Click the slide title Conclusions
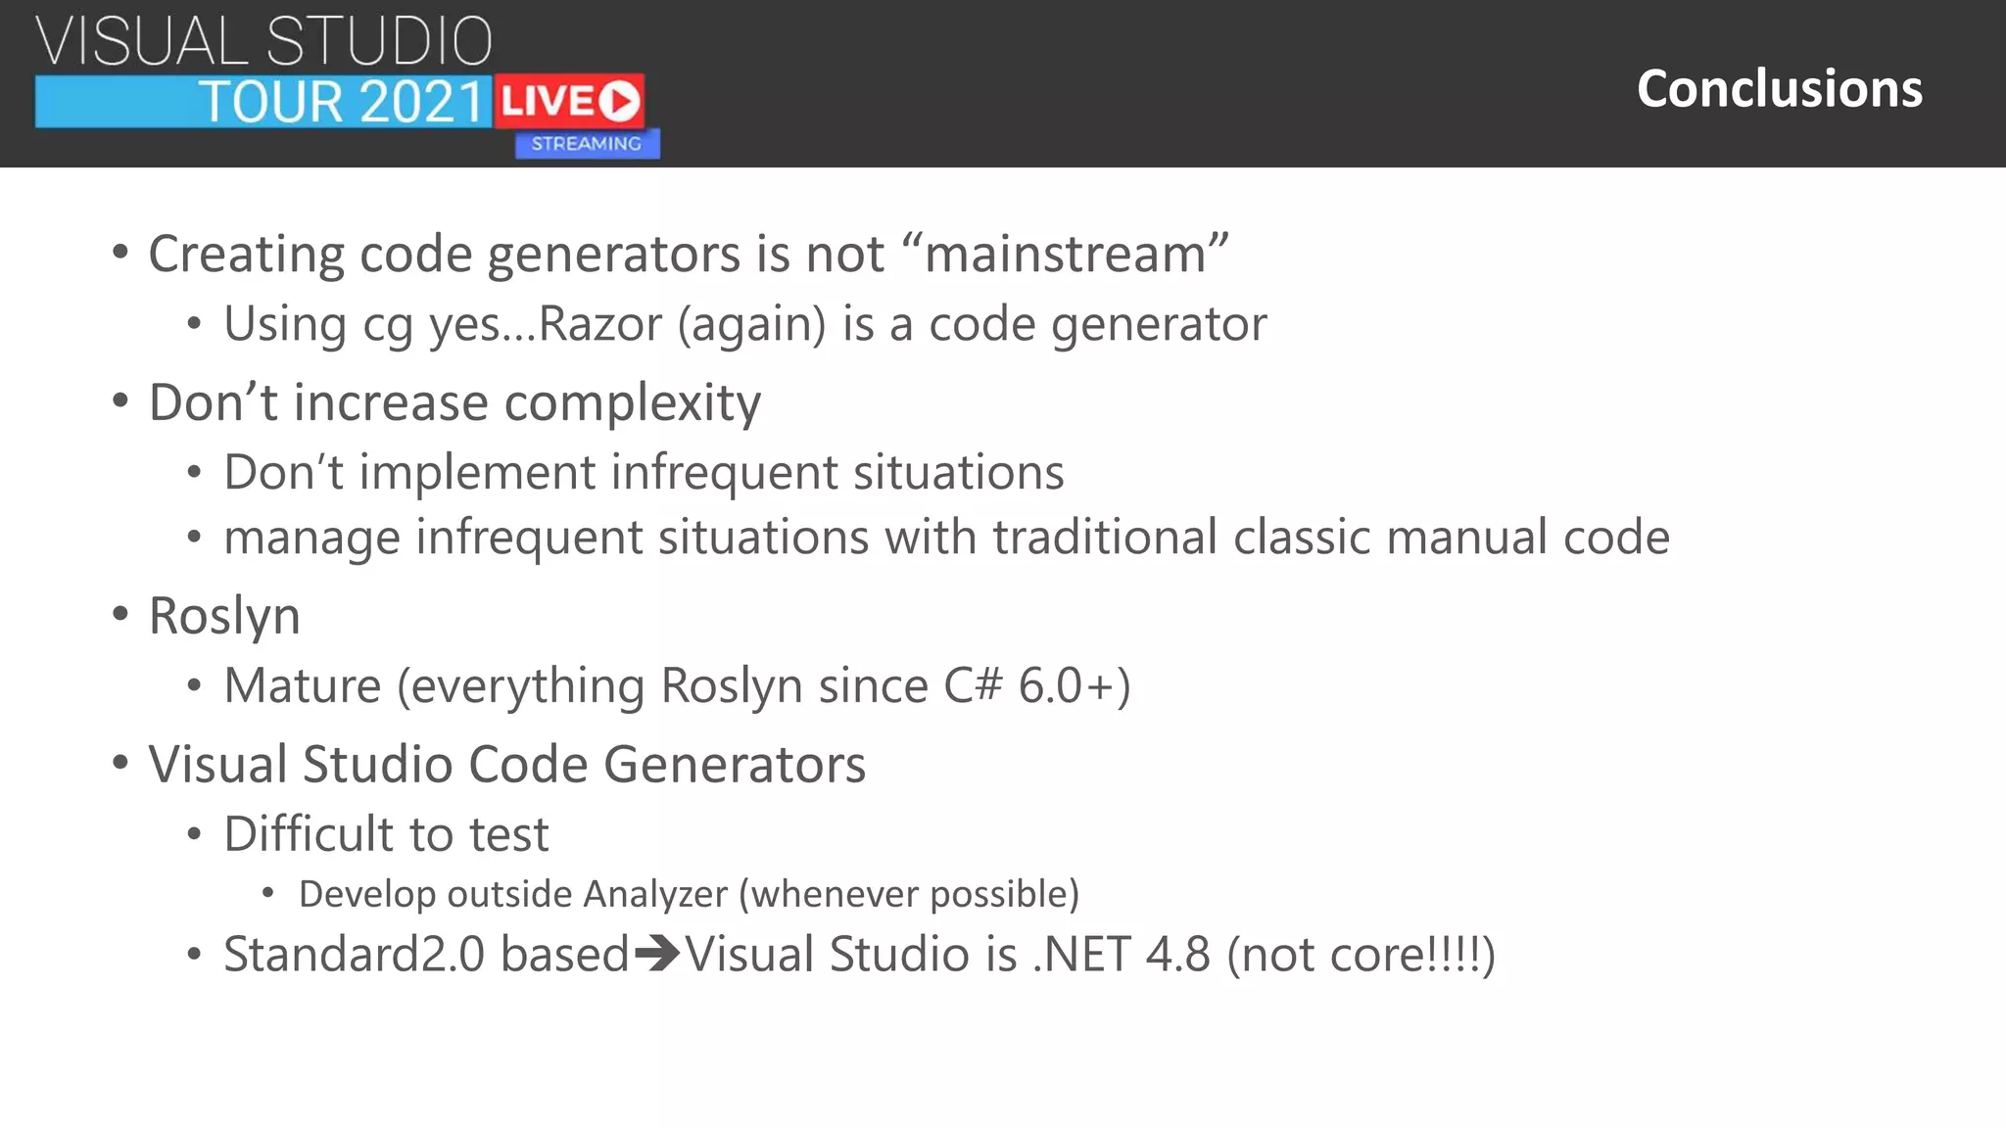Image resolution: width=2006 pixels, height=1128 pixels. (x=1779, y=88)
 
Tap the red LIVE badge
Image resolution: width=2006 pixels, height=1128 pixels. (x=569, y=101)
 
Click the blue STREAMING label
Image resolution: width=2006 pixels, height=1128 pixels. (x=587, y=144)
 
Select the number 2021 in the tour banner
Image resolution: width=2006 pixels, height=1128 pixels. (x=422, y=102)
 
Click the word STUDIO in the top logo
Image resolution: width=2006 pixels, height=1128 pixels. (x=379, y=41)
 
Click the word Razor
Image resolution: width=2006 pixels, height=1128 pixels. (x=600, y=324)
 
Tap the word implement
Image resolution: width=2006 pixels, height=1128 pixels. (x=477, y=473)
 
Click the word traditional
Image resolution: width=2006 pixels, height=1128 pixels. (x=1105, y=538)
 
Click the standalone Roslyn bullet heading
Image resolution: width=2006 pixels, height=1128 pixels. (x=224, y=617)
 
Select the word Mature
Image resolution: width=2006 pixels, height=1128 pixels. (x=302, y=685)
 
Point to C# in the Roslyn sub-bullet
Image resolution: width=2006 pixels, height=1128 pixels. (x=973, y=685)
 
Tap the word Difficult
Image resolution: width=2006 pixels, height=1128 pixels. (x=308, y=834)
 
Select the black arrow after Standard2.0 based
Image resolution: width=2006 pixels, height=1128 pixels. (x=656, y=954)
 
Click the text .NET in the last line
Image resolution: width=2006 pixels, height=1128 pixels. (x=1080, y=955)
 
